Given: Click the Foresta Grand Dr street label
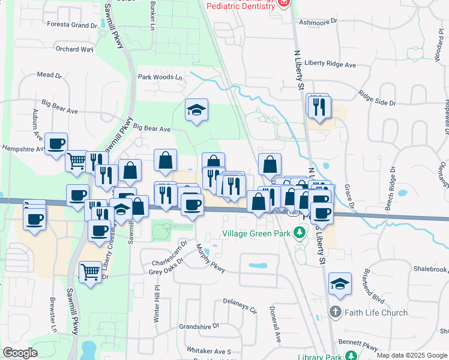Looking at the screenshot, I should (76, 25).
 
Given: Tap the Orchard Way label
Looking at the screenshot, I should (74, 49).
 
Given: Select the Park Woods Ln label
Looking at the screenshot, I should (160, 77).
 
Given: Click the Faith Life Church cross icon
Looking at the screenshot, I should (335, 312).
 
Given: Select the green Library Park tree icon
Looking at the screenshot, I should (352, 357).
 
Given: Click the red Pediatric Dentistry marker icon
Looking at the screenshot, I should (283, 4).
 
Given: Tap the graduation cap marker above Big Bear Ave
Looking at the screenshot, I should (196, 110).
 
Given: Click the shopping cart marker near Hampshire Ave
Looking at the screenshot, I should (76, 161).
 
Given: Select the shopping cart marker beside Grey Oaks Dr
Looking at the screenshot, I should (90, 272).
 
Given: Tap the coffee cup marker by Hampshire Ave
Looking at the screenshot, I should (56, 144).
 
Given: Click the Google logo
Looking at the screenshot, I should (20, 353).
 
